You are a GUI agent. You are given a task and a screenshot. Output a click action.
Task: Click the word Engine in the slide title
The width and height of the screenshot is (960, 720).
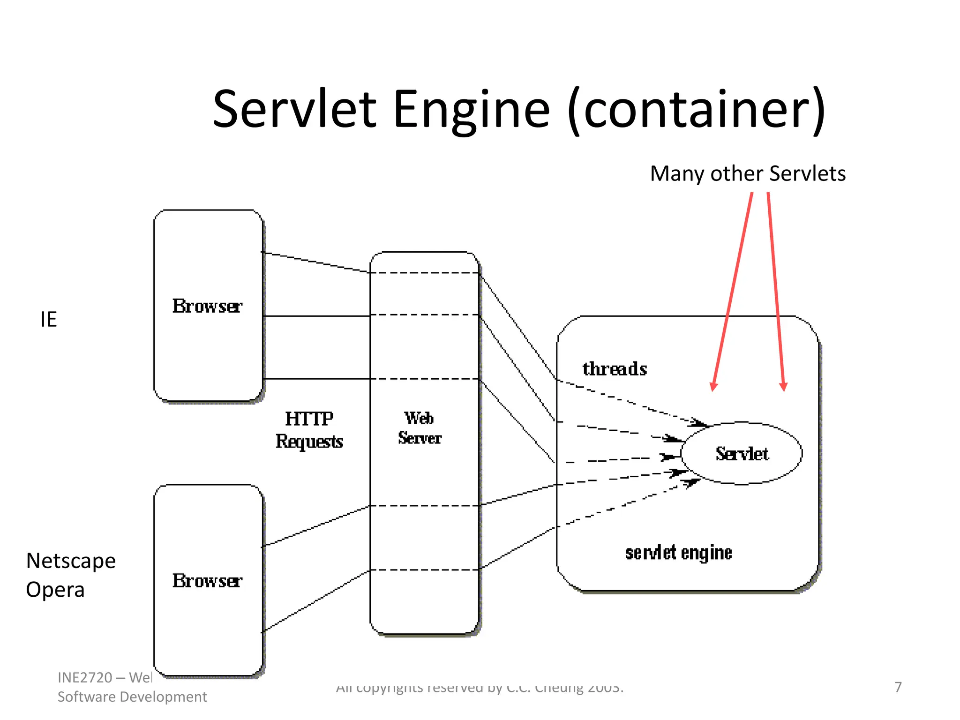point(472,110)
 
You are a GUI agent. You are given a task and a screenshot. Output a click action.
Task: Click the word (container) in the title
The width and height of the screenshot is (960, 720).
point(697,110)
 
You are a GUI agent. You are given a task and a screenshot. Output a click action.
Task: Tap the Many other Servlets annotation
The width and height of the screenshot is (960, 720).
point(748,173)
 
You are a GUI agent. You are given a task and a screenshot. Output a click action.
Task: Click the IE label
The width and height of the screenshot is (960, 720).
point(49,319)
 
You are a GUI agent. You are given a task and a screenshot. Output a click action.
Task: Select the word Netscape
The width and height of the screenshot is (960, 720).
point(71,561)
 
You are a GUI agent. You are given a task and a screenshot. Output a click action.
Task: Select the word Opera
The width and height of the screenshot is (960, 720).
point(55,590)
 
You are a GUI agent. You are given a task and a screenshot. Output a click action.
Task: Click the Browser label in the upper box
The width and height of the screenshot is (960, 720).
point(207,306)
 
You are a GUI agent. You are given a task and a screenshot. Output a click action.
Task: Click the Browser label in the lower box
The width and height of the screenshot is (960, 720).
point(207,581)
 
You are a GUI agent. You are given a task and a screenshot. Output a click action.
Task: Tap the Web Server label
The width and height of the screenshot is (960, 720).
point(420,427)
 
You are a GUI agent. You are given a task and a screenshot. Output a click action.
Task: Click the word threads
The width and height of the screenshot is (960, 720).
point(615,369)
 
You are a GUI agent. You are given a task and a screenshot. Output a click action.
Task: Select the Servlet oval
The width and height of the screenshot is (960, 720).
point(742,453)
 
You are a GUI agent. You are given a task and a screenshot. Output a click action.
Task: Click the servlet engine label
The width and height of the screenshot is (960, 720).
point(678,553)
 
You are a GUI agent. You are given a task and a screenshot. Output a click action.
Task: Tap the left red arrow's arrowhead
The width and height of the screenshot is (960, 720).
point(713,386)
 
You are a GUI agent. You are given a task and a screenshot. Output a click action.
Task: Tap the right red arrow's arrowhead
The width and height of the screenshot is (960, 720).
point(783,386)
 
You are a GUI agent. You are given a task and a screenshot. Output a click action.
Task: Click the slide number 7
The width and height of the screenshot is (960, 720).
point(898,687)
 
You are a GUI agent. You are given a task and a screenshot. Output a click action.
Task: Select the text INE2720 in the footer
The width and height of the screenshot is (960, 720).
point(85,677)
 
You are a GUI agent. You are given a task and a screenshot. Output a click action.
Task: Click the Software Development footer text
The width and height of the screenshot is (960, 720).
point(132,697)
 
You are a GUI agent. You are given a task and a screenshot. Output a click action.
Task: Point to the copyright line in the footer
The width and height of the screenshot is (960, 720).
point(480,688)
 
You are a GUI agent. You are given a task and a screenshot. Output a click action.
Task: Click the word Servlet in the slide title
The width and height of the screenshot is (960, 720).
point(294,110)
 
